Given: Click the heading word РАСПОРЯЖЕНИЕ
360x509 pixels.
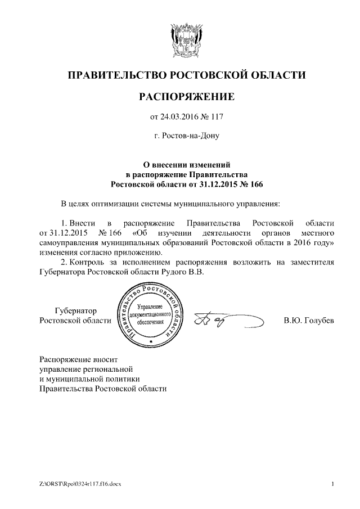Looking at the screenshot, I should pos(186,97).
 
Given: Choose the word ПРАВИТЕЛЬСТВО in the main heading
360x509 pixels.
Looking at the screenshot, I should pos(115,75).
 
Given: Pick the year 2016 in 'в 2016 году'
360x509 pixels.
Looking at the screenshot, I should pos(301,242).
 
